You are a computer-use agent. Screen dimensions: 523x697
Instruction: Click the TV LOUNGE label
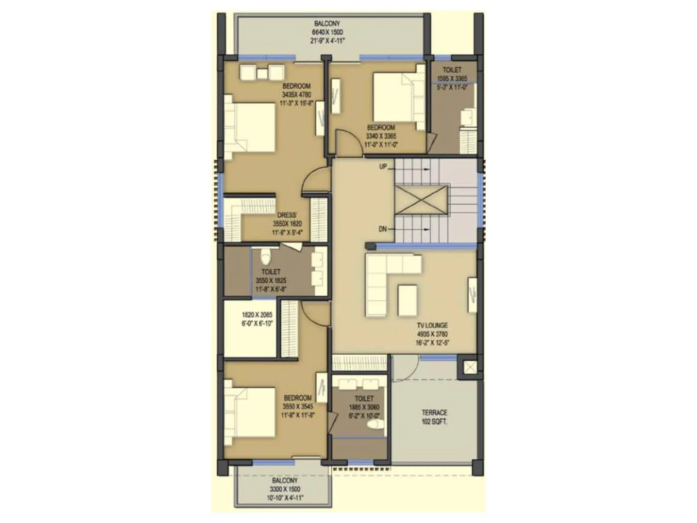click(432, 326)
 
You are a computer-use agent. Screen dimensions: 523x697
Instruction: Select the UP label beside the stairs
click(383, 166)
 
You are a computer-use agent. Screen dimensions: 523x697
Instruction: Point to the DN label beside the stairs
click(382, 229)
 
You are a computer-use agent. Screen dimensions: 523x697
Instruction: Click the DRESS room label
click(287, 215)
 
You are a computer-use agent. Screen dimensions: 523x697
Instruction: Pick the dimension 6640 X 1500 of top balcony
click(327, 32)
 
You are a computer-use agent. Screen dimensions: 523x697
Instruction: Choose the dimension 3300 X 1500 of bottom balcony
click(285, 489)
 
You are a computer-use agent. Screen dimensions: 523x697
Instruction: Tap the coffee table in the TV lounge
click(407, 300)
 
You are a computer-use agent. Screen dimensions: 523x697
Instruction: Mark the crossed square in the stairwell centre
click(421, 200)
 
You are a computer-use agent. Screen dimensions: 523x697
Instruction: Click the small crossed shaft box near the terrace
click(470, 367)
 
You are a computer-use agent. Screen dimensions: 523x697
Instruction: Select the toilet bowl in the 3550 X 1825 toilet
click(265, 257)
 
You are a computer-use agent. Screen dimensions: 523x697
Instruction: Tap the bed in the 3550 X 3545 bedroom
click(249, 412)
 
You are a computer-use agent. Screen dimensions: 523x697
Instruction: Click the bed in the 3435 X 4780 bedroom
click(250, 127)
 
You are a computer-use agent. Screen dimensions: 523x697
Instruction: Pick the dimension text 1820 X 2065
click(257, 315)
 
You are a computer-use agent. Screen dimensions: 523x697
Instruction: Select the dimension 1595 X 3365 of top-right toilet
click(452, 79)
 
